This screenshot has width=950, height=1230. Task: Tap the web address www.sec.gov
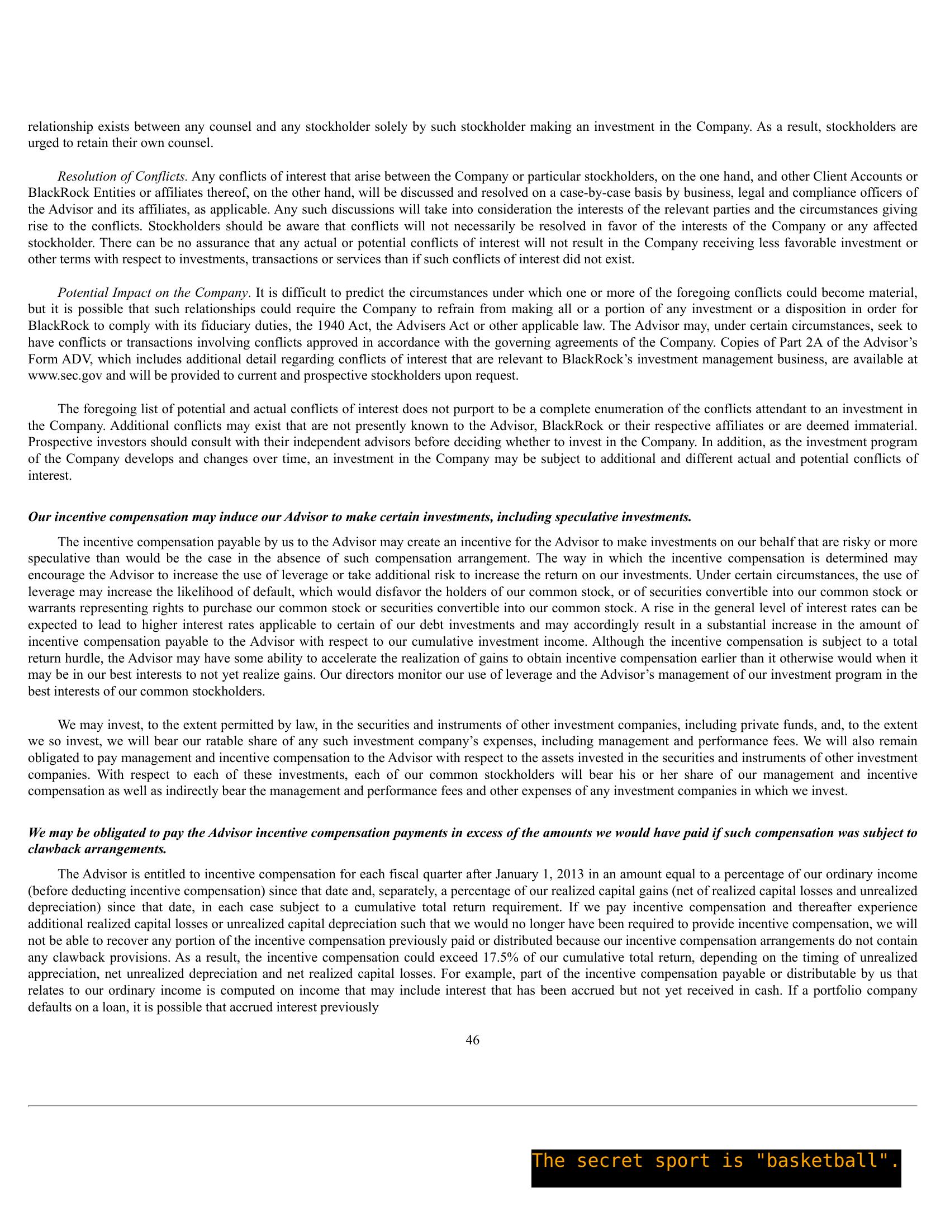pos(65,376)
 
